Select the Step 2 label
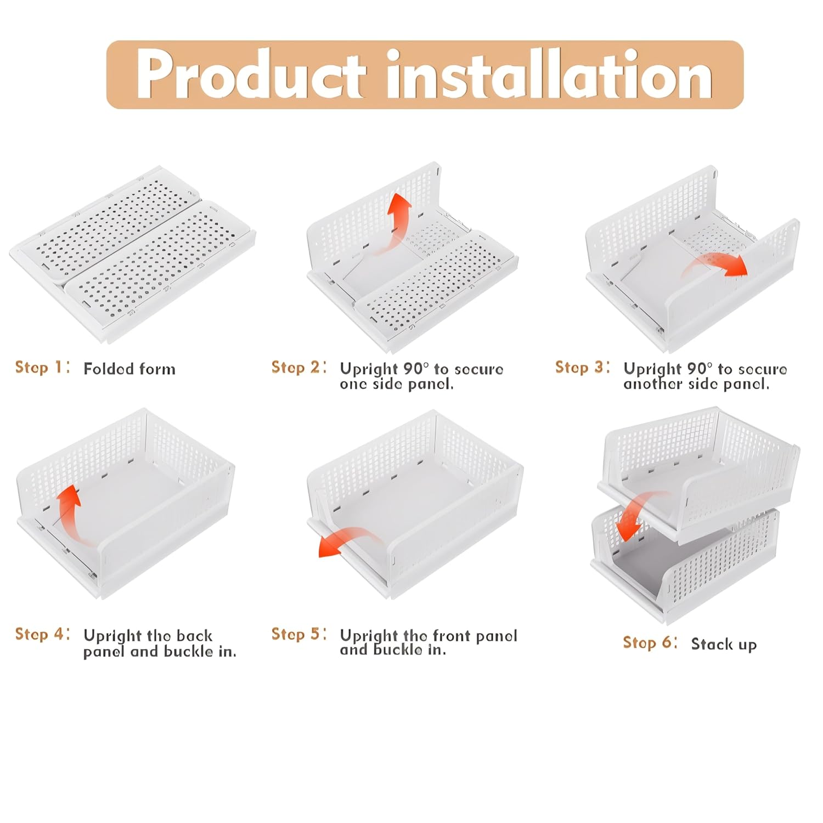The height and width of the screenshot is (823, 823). click(299, 367)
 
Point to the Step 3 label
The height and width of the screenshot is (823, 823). click(583, 367)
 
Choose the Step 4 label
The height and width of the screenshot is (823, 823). click(42, 634)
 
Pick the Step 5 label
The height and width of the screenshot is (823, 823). click(299, 634)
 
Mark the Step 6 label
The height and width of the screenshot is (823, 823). click(650, 642)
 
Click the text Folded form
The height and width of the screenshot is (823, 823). click(129, 369)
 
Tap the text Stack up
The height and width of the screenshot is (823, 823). click(724, 644)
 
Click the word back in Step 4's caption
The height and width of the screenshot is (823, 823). click(194, 635)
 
